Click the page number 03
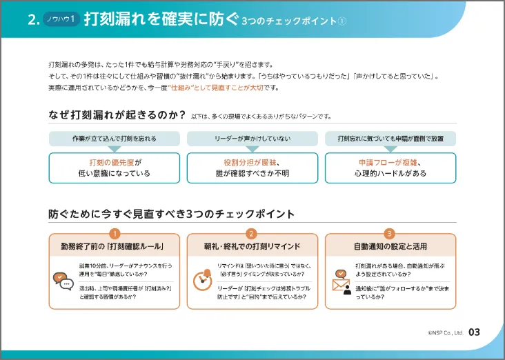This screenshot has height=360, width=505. pyautogui.click(x=474, y=332)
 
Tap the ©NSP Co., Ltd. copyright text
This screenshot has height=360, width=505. pyautogui.click(x=443, y=333)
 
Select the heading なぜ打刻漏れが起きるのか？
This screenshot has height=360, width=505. pyautogui.click(x=116, y=115)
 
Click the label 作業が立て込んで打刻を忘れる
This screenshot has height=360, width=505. pyautogui.click(x=115, y=139)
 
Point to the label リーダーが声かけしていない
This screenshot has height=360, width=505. pyautogui.click(x=252, y=139)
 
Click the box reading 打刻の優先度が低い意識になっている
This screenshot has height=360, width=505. pyautogui.click(x=115, y=168)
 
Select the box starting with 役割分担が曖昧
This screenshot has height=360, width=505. pyautogui.click(x=252, y=168)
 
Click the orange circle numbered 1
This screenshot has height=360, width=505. pyautogui.click(x=115, y=234)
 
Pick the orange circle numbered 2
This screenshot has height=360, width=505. pyautogui.click(x=252, y=234)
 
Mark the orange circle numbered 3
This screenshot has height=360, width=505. pyautogui.click(x=390, y=234)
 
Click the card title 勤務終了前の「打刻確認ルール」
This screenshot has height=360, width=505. pyautogui.click(x=115, y=246)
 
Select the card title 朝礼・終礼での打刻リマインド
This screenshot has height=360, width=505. pyautogui.click(x=252, y=246)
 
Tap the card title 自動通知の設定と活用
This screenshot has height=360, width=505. pyautogui.click(x=390, y=246)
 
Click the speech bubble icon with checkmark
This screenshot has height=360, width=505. pyautogui.click(x=63, y=281)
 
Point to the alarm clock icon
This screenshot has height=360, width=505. pyautogui.click(x=201, y=278)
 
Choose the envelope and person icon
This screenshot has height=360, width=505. pyautogui.click(x=341, y=281)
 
